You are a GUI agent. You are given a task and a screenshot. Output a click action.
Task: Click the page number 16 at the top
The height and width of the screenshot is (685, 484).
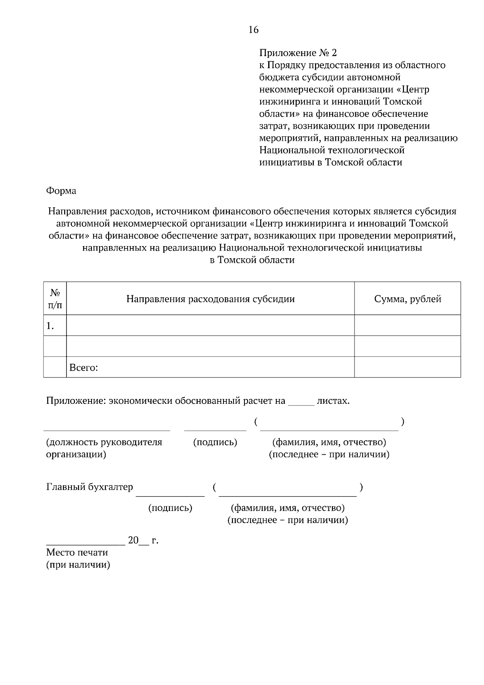coord(253,30)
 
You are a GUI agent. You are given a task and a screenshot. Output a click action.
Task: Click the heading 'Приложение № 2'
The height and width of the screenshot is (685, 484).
coord(298,53)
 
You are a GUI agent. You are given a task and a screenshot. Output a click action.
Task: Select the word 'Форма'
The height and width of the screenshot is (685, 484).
coord(61,191)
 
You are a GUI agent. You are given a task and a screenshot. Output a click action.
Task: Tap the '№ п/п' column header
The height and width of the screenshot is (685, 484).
coord(55,299)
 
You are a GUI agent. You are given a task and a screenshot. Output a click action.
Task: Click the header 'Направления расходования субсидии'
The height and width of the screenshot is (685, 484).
coord(210,299)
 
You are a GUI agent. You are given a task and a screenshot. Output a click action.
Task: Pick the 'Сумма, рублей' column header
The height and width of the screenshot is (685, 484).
coord(407,299)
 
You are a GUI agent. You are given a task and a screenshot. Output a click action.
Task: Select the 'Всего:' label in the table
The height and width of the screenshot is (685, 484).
coord(84,368)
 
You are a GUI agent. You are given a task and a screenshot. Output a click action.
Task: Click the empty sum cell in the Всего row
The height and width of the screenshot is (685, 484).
coord(407,367)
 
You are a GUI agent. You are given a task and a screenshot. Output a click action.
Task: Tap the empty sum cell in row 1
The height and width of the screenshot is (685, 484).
coord(407,325)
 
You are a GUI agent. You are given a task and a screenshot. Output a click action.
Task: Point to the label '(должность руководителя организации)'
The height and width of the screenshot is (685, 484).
coord(104,448)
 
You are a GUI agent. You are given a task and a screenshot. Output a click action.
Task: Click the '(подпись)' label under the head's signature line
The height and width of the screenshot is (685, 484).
coord(215,442)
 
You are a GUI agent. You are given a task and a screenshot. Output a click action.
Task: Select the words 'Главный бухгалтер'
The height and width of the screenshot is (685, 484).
coord(90,487)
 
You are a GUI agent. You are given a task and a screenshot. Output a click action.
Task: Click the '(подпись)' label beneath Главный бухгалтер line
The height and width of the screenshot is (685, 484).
coord(170,508)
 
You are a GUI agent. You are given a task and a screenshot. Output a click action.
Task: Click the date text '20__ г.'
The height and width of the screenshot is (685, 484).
coord(143,541)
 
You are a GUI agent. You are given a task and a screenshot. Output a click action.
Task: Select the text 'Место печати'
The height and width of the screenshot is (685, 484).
coord(77,552)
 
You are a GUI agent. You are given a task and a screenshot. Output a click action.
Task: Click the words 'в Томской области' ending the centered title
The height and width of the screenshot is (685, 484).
coord(252,260)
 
